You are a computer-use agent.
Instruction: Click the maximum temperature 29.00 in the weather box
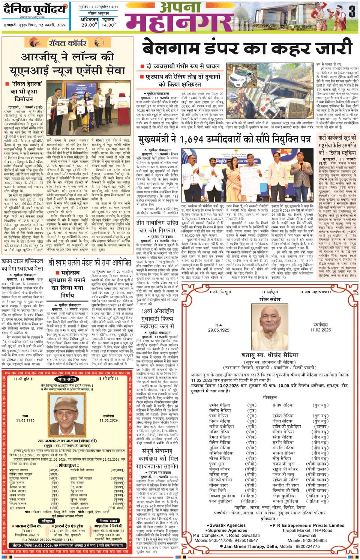coord(89,25)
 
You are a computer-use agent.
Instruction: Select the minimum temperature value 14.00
coord(108,25)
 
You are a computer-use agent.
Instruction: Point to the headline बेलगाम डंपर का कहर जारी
coord(247,48)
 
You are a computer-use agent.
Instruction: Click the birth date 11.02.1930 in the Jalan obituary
coord(25,420)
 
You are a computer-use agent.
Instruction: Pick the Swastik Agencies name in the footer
coord(228,525)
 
